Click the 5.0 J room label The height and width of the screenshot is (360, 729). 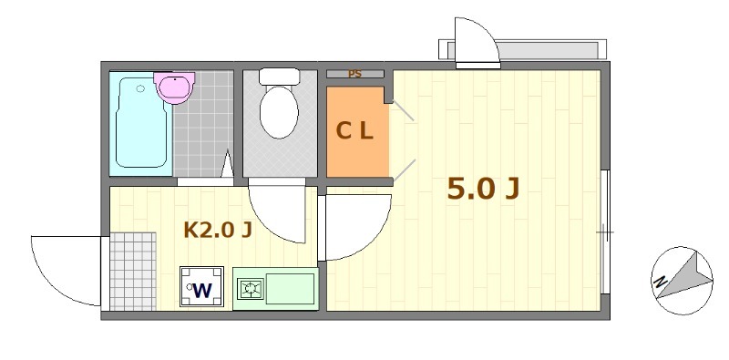tap(483, 188)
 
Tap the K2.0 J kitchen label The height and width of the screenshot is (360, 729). tap(218, 230)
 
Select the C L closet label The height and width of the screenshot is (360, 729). tap(354, 131)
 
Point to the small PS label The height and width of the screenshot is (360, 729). tap(354, 74)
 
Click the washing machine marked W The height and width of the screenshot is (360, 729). tap(202, 289)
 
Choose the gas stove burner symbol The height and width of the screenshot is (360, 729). tap(249, 290)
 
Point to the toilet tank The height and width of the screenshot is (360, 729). tap(279, 77)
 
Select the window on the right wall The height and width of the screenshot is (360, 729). tap(604, 232)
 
